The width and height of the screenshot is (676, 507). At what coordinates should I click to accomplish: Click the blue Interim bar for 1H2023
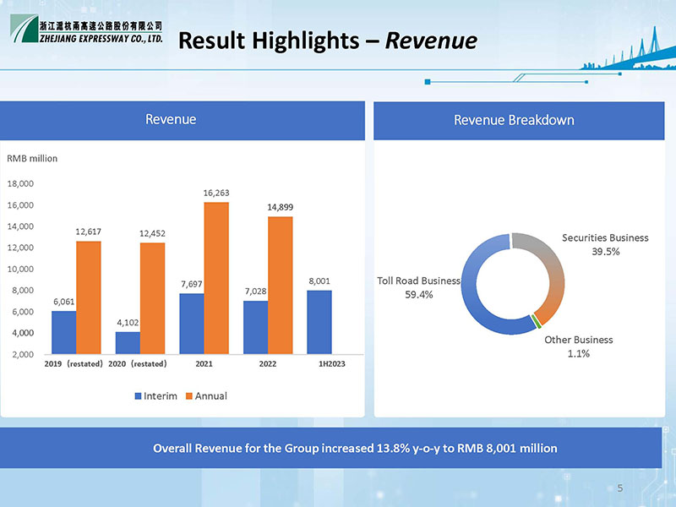[319, 322]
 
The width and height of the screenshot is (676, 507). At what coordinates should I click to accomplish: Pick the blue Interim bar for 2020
[128, 342]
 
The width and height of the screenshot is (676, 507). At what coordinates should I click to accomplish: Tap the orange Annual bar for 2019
[89, 297]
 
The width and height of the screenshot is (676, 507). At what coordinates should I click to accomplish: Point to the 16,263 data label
[216, 194]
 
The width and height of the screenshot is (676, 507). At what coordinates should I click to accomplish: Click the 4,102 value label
[128, 322]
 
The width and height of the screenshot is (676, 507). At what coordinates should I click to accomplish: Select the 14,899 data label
[281, 207]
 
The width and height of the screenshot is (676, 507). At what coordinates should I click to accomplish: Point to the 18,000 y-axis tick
[20, 183]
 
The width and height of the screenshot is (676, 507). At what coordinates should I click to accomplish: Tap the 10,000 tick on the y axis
[20, 269]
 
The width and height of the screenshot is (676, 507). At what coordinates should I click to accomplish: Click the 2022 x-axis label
[267, 363]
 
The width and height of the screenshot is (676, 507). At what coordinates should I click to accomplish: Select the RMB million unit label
[32, 158]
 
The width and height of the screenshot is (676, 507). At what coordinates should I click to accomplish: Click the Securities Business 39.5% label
[605, 244]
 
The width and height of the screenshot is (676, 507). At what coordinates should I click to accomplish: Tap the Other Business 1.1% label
[579, 346]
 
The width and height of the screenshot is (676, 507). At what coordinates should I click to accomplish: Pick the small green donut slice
[536, 320]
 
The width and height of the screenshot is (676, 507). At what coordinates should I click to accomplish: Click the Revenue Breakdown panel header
[514, 120]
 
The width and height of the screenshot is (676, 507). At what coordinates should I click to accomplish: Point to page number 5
[620, 488]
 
